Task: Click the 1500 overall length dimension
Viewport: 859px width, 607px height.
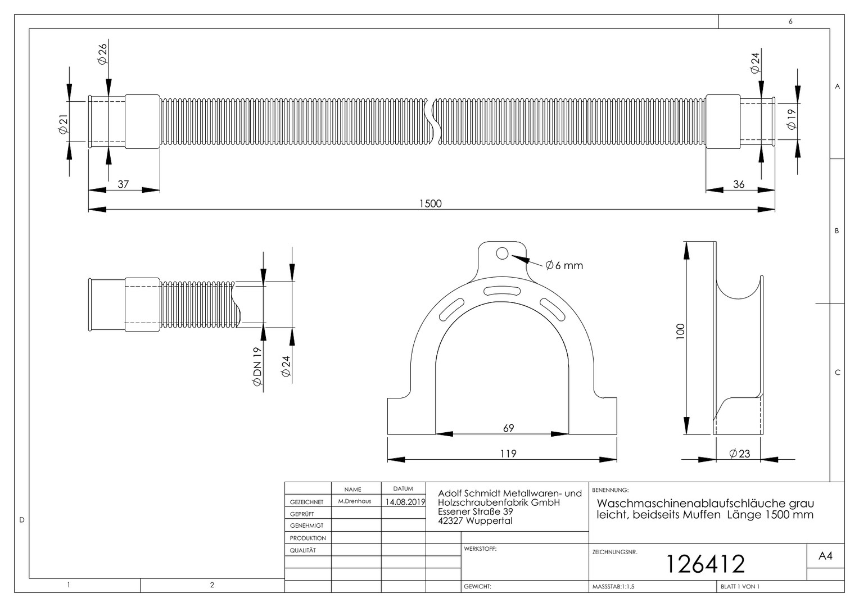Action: pos(430,203)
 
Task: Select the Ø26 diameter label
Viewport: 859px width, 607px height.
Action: pos(102,54)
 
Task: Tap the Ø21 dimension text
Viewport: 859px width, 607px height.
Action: pos(63,124)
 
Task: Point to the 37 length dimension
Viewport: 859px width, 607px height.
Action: pos(123,184)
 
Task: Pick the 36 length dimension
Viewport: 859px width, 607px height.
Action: pos(739,184)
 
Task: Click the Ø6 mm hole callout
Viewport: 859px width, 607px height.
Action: pos(564,265)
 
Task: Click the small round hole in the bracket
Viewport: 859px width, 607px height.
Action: pos(502,253)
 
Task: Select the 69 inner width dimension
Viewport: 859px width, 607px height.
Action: pos(508,428)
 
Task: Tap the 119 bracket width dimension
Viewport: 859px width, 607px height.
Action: pos(508,454)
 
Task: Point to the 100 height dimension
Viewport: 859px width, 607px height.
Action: pos(680,331)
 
